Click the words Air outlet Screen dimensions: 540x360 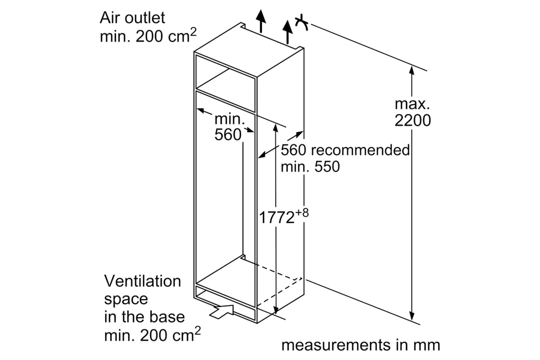132,18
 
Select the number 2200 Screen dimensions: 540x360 413,120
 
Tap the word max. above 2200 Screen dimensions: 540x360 412,104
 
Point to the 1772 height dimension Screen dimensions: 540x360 276,217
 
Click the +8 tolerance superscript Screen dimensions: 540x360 302,213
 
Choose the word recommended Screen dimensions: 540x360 360,150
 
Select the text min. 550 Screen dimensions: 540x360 310,166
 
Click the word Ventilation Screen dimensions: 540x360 143,281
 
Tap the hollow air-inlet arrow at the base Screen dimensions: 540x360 221,312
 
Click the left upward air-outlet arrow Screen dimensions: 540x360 261,21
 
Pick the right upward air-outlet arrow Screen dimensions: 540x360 288,32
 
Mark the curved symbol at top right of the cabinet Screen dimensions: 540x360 301,23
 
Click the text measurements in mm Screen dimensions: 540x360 360,345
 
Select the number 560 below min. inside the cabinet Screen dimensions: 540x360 228,135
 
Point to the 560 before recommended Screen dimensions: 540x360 293,150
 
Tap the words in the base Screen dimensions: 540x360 144,317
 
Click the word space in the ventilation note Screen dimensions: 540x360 126,300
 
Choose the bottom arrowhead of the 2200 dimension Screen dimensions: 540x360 412,316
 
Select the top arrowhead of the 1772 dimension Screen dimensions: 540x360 276,128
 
